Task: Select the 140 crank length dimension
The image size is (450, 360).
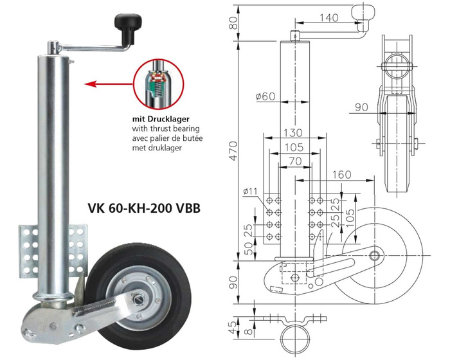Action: [328, 18]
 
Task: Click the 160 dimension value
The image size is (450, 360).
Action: [343, 174]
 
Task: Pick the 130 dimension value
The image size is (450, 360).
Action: [293, 133]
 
